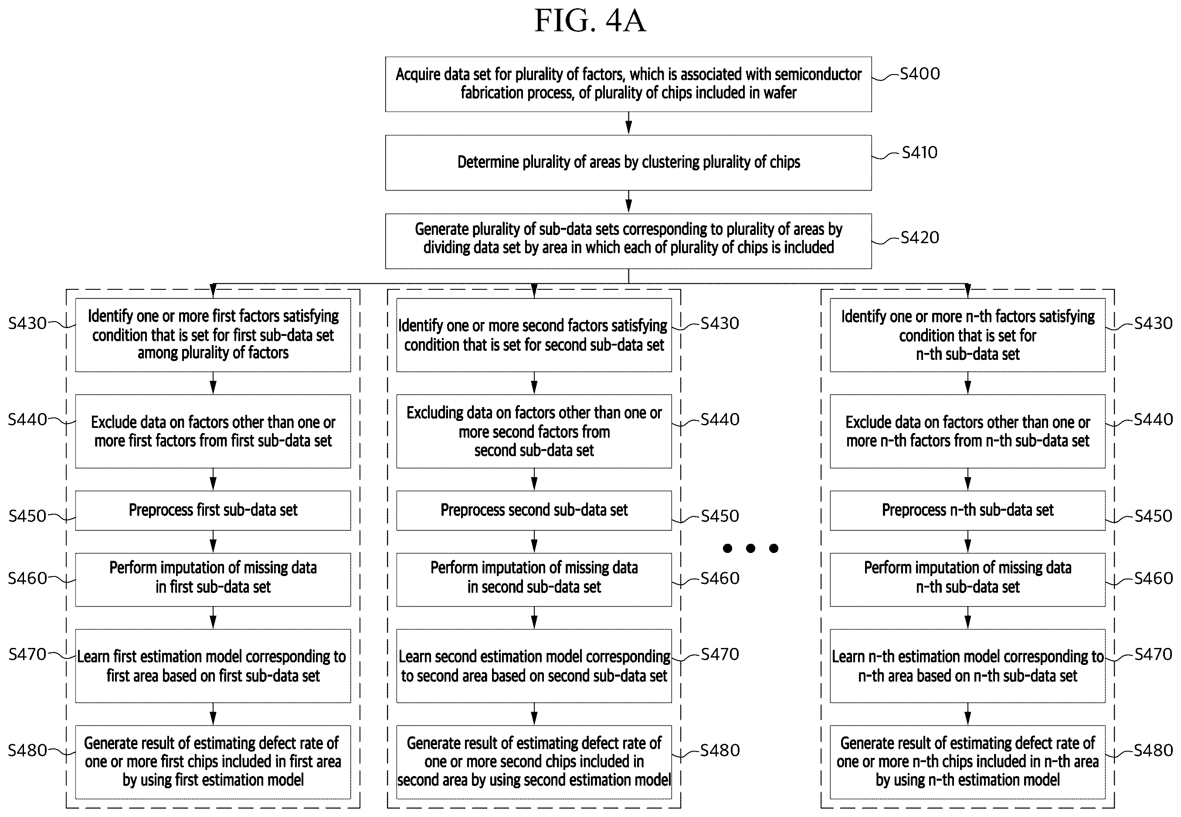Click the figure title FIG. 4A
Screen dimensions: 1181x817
[x=590, y=20]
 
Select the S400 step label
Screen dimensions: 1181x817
[x=920, y=74]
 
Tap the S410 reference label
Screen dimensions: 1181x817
[x=920, y=153]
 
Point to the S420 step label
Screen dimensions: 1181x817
[x=920, y=237]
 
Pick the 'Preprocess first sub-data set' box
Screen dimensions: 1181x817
[x=213, y=510]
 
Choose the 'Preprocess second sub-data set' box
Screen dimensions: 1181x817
[x=534, y=510]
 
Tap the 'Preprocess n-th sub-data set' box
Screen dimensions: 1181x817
[x=967, y=510]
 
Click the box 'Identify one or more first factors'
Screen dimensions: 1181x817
[x=213, y=335]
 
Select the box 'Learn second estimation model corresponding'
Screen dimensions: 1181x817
[x=534, y=666]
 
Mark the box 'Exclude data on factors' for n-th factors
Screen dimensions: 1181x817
[x=967, y=431]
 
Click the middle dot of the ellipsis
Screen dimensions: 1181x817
[x=750, y=548]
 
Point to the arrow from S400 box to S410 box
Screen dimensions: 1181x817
[x=629, y=123]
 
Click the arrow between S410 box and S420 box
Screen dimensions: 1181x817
[x=629, y=202]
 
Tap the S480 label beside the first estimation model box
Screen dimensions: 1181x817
[x=27, y=750]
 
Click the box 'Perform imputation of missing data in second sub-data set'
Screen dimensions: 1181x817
[x=534, y=580]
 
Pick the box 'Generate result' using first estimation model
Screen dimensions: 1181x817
[x=213, y=762]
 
